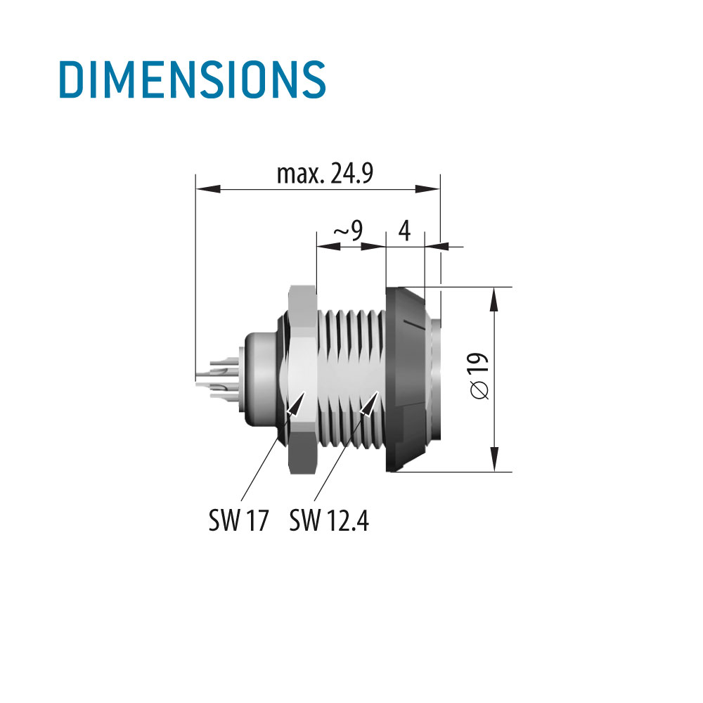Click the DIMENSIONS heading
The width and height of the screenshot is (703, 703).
(x=191, y=79)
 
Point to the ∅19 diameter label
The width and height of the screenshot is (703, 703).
(x=481, y=377)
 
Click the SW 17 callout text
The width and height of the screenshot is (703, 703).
(x=238, y=521)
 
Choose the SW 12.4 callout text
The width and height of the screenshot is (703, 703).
(x=329, y=521)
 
